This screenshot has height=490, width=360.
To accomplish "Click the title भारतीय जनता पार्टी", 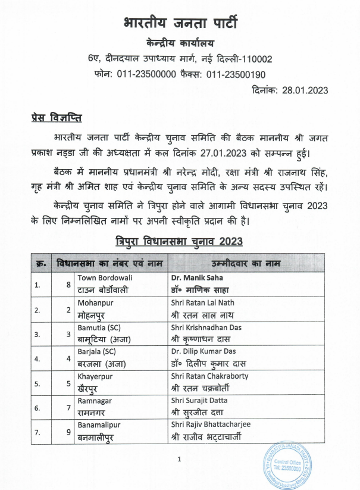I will coord(180,23).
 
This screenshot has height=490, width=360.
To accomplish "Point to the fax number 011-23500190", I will coord(236,74).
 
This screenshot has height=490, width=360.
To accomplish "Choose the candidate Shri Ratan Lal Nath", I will coord(202,302).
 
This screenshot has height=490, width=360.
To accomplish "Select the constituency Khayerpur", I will coord(95,376).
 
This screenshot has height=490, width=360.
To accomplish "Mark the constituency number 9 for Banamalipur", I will coord(68,432).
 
